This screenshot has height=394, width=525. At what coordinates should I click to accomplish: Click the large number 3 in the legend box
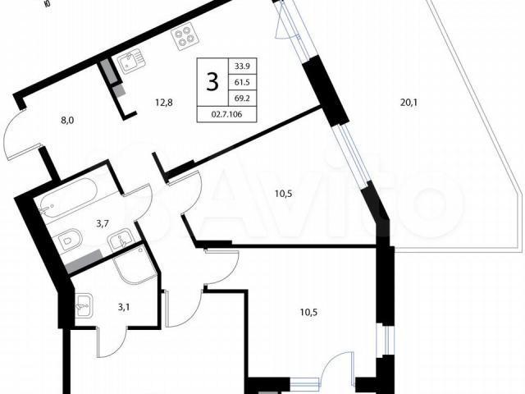point(212,82)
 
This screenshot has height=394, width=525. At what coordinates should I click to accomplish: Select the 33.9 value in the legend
point(242,66)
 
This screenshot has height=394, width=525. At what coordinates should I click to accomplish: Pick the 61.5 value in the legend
point(242,82)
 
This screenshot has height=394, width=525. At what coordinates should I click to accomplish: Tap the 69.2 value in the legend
point(242,98)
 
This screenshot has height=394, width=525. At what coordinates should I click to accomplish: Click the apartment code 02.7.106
point(226,114)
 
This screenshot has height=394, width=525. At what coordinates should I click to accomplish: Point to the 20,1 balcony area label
point(409,103)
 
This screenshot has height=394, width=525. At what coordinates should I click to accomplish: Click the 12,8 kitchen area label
point(164,103)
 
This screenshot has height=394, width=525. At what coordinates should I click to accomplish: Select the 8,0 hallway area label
point(67,121)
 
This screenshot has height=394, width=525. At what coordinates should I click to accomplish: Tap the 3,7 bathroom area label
point(103,224)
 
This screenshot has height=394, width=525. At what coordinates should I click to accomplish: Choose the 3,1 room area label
point(124,306)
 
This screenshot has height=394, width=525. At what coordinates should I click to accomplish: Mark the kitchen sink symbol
point(130,61)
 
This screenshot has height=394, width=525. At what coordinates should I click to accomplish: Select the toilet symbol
point(71,240)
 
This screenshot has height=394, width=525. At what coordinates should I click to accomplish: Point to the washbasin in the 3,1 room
point(84,305)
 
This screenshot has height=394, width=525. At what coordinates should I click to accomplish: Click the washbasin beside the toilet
point(121,239)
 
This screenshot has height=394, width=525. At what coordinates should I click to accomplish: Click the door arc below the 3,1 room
point(112,342)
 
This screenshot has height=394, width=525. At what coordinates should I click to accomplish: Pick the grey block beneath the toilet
point(84,262)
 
